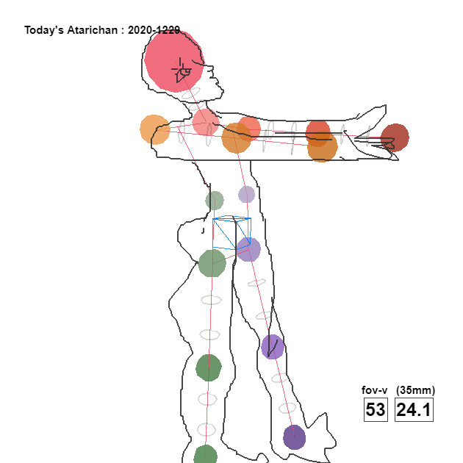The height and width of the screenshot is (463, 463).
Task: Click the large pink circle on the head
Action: (x=174, y=61)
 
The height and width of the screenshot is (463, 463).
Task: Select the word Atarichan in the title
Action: (x=93, y=30)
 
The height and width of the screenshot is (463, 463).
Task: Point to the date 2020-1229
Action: (x=154, y=30)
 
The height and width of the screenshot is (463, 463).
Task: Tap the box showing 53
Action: (x=376, y=409)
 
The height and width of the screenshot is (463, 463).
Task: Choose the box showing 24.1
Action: (x=414, y=409)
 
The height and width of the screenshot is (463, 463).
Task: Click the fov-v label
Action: (x=374, y=390)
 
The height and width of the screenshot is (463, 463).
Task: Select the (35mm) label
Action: (x=415, y=390)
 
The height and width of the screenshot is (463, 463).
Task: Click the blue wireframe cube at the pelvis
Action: (x=232, y=233)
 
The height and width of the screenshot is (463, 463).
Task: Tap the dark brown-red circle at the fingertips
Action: (x=395, y=137)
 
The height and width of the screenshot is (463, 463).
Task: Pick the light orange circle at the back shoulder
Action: (x=155, y=129)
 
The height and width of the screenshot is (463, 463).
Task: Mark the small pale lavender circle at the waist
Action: (x=246, y=194)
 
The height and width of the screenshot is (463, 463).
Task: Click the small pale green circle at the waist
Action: (x=215, y=201)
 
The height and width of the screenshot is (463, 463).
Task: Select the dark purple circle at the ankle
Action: (x=295, y=437)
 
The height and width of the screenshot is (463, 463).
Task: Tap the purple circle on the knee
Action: (x=273, y=347)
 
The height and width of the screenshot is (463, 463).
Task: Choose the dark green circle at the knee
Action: (x=209, y=368)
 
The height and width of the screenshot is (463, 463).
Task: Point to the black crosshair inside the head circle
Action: (x=180, y=70)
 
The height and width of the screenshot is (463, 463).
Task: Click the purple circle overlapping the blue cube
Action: (x=248, y=250)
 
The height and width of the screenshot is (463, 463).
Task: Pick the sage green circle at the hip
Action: (x=212, y=263)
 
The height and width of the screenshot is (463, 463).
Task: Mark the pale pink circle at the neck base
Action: (x=206, y=122)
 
